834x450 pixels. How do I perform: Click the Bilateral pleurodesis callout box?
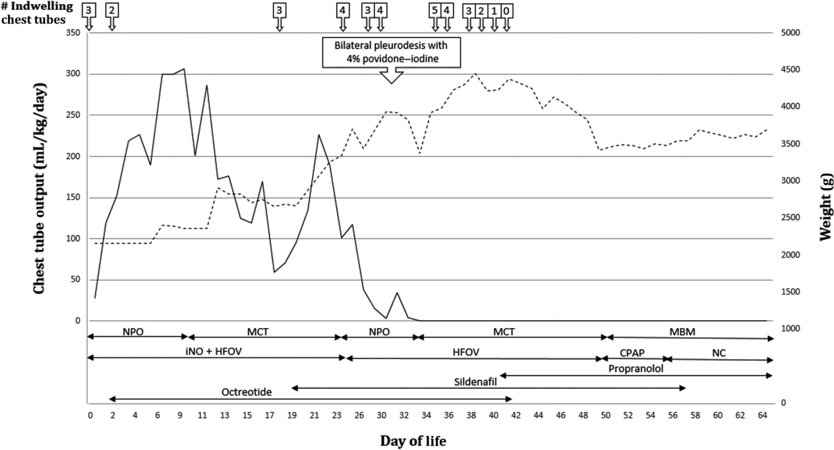tap(392, 52)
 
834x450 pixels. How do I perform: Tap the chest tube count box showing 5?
tap(435, 11)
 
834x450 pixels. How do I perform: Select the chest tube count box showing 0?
tap(506, 11)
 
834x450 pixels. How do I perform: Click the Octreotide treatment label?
tap(247, 392)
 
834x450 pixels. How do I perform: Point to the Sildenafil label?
tap(475, 382)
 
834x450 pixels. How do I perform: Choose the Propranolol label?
tap(636, 369)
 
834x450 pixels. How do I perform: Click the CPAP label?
tap(632, 352)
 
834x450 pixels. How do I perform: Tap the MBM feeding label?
tap(682, 331)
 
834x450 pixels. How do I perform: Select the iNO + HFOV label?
tap(214, 351)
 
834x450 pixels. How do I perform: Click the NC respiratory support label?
tap(719, 353)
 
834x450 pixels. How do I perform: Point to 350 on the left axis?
tap(73, 33)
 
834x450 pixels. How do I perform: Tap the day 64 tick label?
tap(763, 415)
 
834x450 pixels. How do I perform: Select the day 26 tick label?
tap(359, 415)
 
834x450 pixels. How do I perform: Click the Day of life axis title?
tap(413, 441)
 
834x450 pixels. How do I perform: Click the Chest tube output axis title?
tap(39, 188)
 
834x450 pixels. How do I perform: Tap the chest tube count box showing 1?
tap(494, 11)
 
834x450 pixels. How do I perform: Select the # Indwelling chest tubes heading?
tap(37, 13)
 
